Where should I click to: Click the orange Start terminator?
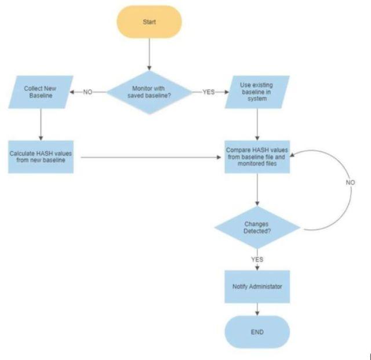point(149,22)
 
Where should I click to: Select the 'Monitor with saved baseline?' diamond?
point(150,92)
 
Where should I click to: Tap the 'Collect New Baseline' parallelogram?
point(41,92)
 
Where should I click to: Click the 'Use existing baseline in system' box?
point(257,92)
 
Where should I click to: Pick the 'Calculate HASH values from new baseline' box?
point(41,157)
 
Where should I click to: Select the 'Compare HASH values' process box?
point(257,156)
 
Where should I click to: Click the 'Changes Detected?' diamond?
point(257,227)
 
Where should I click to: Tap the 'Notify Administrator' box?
point(257,287)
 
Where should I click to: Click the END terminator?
point(257,332)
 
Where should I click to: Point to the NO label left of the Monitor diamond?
point(88,92)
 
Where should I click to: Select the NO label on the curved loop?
point(350,183)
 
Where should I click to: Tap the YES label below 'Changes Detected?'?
point(257,259)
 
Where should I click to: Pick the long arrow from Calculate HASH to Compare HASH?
point(151,157)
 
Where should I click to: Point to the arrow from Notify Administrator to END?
point(257,309)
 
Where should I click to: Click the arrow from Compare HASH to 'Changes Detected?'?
point(257,188)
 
